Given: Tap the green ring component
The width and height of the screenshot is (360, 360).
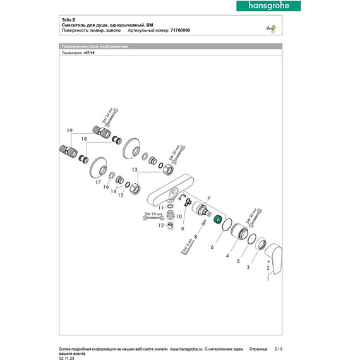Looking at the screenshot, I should (x=217, y=219).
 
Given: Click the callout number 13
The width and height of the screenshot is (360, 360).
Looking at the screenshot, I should (x=135, y=170).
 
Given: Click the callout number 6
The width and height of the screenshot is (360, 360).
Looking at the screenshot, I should (x=212, y=248).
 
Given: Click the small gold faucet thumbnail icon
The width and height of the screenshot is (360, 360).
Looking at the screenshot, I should (x=272, y=30).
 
